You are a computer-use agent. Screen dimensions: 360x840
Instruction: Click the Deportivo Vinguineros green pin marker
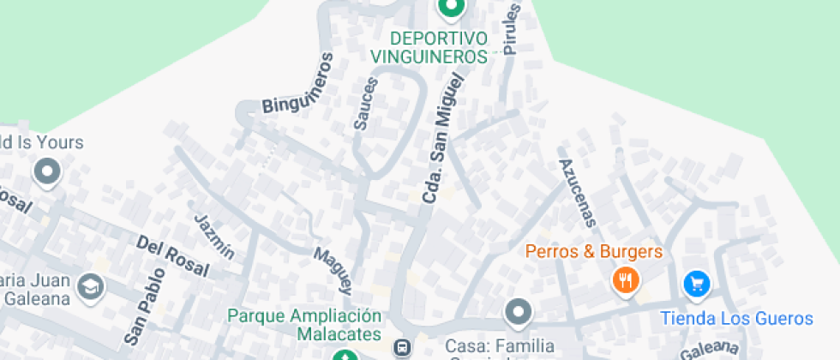(450, 9)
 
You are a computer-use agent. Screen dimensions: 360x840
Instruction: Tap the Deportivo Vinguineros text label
(429, 47)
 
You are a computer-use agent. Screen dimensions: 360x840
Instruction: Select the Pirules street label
(513, 29)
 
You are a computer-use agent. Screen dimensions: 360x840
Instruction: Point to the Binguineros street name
(297, 85)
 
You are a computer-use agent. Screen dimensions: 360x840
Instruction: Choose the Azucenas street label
(577, 193)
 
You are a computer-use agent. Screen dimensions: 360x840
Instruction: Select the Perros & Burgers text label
(594, 252)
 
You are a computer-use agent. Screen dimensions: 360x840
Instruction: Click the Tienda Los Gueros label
(736, 319)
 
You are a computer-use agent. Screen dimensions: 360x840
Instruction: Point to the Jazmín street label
(214, 237)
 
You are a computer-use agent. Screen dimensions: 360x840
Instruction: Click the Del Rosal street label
(172, 255)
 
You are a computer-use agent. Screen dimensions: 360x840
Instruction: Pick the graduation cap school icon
(90, 288)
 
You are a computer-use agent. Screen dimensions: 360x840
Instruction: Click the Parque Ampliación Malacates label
(304, 323)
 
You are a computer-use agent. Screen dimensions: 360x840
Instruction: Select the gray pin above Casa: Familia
(518, 312)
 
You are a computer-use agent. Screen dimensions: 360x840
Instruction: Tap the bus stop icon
(401, 348)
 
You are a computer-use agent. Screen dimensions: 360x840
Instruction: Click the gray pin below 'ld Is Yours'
(47, 172)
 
